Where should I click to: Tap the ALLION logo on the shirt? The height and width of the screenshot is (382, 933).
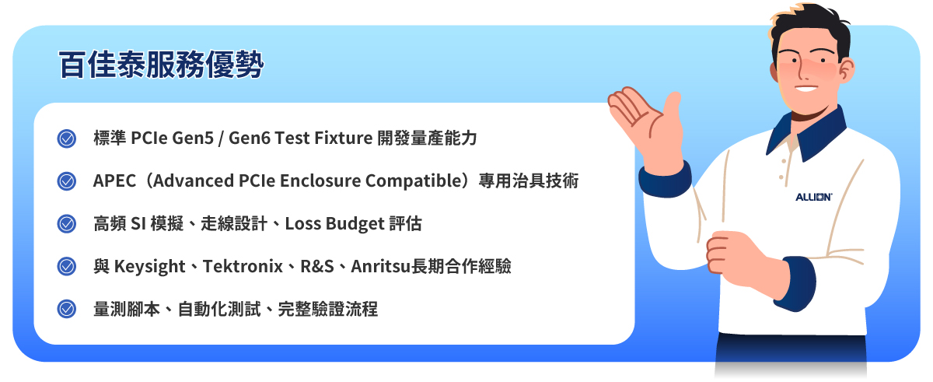coord(813,197)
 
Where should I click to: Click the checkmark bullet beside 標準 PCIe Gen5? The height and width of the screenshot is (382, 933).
coord(67,139)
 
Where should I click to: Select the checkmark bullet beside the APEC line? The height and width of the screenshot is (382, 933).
coord(67,181)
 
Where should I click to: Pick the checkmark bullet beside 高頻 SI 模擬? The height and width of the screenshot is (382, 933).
coord(67,224)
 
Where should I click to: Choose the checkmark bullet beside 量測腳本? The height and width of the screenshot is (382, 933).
coord(67,309)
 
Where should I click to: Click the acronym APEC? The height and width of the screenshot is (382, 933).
coord(114,181)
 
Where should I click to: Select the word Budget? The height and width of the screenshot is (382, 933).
coord(354,224)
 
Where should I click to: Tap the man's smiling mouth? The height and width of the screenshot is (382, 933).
coord(806,86)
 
